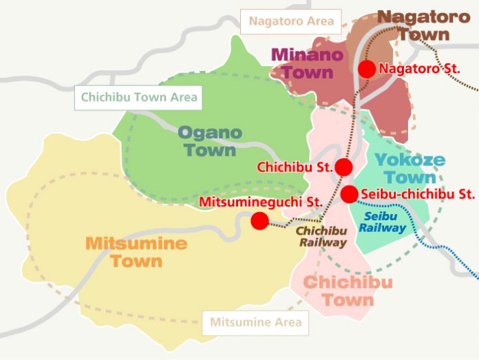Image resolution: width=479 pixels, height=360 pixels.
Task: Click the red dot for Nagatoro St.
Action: (367, 69)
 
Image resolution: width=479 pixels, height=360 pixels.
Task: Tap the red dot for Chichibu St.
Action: (343, 167)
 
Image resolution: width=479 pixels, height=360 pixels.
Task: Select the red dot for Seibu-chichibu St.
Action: (350, 194)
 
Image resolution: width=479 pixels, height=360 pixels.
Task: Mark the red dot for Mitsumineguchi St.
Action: (259, 220)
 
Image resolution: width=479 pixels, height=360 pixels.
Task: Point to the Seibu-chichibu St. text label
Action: (417, 194)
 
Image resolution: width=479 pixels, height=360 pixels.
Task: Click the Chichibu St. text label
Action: (295, 167)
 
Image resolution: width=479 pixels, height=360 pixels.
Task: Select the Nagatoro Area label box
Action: (292, 21)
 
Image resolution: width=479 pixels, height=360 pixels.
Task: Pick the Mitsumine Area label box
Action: (255, 321)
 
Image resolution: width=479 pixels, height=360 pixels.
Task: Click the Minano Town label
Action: (302, 62)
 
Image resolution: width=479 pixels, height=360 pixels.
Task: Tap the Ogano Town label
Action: (210, 141)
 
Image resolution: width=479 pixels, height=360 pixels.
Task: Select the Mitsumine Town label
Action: (136, 252)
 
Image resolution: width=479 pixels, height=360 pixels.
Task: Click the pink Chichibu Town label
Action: (348, 291)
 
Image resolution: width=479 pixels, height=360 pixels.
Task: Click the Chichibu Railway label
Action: (321, 235)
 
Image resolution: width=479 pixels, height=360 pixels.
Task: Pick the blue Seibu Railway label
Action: (382, 222)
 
